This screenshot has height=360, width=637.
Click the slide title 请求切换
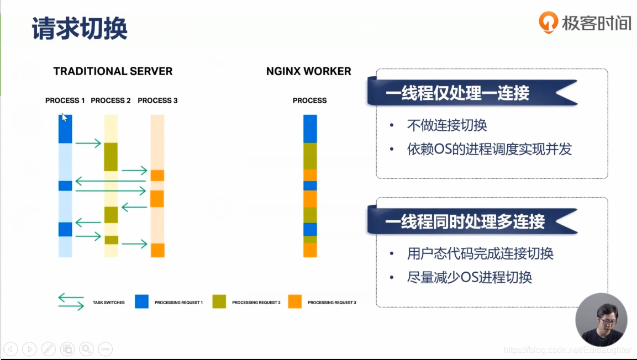coord(80,28)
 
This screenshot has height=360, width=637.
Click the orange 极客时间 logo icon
coord(548,23)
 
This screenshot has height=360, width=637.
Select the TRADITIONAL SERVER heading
coord(113,71)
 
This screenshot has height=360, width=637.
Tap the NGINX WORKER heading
coord(308,71)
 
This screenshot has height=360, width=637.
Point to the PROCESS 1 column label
coord(65,100)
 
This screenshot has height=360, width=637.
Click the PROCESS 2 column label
coord(110,100)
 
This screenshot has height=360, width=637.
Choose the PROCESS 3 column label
coord(157,100)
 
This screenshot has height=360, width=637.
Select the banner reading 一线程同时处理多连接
coord(465,221)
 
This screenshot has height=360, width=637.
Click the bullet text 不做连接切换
coord(447,125)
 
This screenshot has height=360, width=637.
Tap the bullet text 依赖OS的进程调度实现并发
coord(489,149)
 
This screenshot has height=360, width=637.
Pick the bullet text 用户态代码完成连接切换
coord(480,253)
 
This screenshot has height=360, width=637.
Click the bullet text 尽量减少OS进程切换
coord(469,277)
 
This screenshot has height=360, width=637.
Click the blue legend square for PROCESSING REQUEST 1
coord(142,301)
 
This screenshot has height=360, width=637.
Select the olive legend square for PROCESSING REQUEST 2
coord(219,301)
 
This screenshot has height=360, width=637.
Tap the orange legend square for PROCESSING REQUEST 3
coord(295,301)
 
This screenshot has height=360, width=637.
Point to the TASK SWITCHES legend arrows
coord(71,301)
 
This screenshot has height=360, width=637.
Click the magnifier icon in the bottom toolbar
coord(86,348)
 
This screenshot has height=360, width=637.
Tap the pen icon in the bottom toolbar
coord(49,348)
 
